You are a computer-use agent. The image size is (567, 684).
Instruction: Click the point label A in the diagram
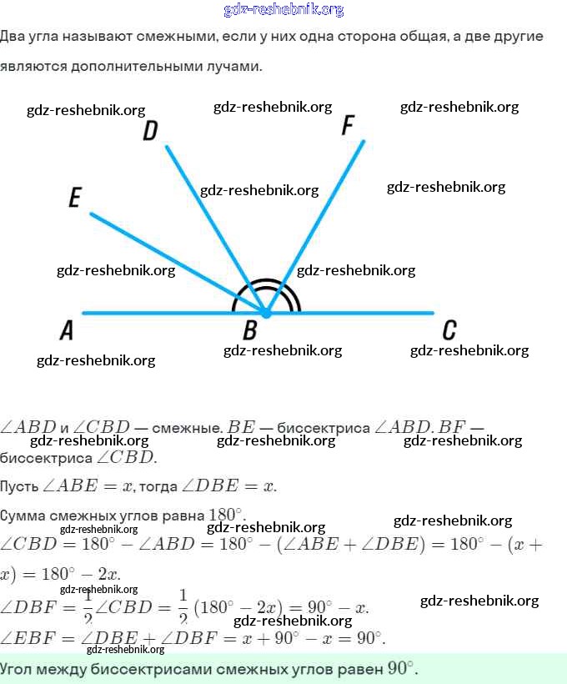coord(67,331)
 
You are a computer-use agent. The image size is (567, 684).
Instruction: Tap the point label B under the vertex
coord(249,331)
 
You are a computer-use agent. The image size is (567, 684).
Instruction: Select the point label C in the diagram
coord(449,331)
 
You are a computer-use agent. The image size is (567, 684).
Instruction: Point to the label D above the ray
coord(150,131)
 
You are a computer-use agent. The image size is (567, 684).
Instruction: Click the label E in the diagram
coord(75,198)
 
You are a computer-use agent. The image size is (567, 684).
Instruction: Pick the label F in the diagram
coord(349,126)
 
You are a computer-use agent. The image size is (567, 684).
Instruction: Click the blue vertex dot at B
coord(265,314)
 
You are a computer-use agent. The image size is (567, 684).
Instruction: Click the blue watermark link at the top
coord(283,10)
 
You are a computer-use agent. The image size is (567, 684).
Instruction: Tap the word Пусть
coord(18,486)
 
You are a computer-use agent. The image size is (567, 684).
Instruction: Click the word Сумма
coord(20,515)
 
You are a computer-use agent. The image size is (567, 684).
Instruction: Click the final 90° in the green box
coord(400,668)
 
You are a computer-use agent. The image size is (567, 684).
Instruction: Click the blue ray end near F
coord(364,142)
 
